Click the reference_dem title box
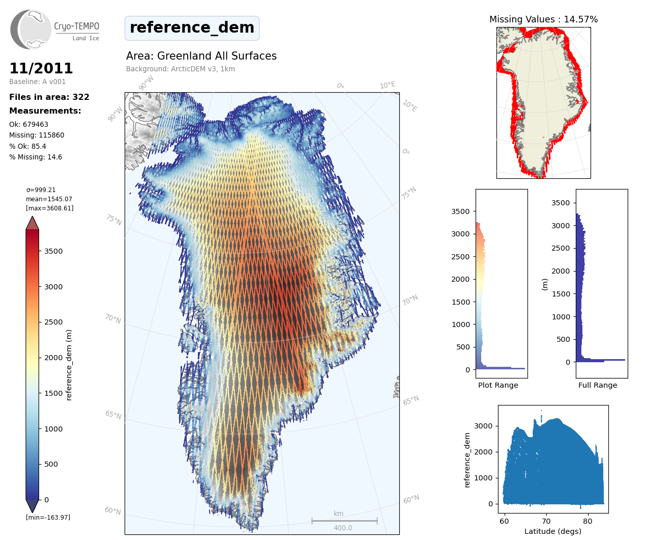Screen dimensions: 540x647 pyautogui.click(x=192, y=28)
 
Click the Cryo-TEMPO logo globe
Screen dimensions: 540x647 pyautogui.click(x=32, y=30)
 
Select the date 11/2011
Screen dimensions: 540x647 pyautogui.click(x=41, y=68)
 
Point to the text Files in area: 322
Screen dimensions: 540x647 pyautogui.click(x=49, y=97)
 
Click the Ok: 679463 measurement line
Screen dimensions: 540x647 pyautogui.click(x=28, y=124)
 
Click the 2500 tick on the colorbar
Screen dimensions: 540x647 pyautogui.click(x=53, y=322)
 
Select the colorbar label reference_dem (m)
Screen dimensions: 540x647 pyautogui.click(x=69, y=365)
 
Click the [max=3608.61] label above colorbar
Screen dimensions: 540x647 pyautogui.click(x=50, y=208)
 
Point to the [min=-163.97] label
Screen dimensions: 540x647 pyautogui.click(x=48, y=518)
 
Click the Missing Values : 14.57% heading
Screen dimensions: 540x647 pyautogui.click(x=543, y=19)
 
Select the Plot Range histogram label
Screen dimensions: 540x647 pyautogui.click(x=498, y=385)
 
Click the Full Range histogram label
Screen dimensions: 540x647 pyautogui.click(x=598, y=385)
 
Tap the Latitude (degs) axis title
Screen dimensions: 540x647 pyautogui.click(x=553, y=531)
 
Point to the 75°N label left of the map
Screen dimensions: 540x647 pyautogui.click(x=114, y=220)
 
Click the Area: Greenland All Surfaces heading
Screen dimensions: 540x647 pyautogui.click(x=201, y=56)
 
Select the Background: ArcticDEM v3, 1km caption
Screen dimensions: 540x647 pyautogui.click(x=181, y=69)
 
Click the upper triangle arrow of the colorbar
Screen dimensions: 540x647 pyautogui.click(x=33, y=223)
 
